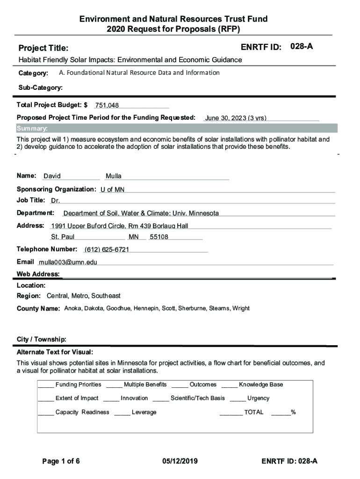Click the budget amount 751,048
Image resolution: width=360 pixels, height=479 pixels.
pyautogui.click(x=107, y=106)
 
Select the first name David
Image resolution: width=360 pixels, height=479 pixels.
pyautogui.click(x=52, y=176)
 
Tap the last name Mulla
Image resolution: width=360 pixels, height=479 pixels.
pyautogui.click(x=114, y=176)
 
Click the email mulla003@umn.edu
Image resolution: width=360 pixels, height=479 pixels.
pyautogui.click(x=68, y=262)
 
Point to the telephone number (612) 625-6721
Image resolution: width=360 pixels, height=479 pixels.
pyautogui.click(x=107, y=249)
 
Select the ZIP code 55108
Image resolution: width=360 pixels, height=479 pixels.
pyautogui.click(x=159, y=237)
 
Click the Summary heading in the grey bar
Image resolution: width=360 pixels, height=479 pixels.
pyautogui.click(x=32, y=129)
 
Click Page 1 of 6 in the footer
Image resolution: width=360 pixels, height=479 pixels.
pyautogui.click(x=61, y=461)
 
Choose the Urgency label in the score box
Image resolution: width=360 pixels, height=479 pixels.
pyautogui.click(x=258, y=399)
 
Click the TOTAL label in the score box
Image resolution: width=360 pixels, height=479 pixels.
pyautogui.click(x=254, y=413)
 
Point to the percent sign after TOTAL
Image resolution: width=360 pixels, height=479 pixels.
pyautogui.click(x=293, y=413)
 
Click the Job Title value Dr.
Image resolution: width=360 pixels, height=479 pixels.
pyautogui.click(x=56, y=201)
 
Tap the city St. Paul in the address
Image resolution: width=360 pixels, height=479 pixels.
pyautogui.click(x=63, y=237)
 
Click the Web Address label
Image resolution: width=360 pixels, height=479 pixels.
pyautogui.click(x=38, y=274)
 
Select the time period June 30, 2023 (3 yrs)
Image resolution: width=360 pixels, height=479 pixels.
pyautogui.click(x=236, y=118)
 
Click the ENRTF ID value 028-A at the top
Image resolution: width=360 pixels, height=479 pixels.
pyautogui.click(x=302, y=47)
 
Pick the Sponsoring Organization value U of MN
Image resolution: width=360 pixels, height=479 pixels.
pyautogui.click(x=112, y=189)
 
